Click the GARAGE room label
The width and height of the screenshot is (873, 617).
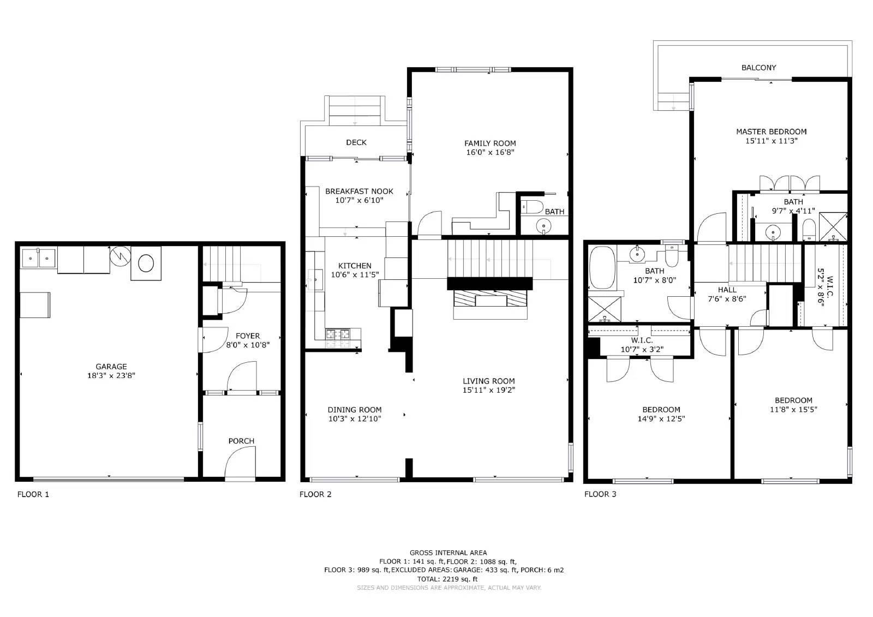[111, 367]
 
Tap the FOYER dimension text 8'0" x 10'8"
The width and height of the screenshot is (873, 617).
[248, 345]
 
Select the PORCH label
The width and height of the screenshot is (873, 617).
[241, 441]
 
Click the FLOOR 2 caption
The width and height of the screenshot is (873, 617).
[315, 494]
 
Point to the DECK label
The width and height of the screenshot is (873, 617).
[356, 142]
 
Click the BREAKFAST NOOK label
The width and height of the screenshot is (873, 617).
[359, 191]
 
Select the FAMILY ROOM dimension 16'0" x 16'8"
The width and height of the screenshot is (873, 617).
[490, 152]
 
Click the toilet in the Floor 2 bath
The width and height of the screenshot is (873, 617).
[531, 207]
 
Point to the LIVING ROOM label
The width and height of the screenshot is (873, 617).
[488, 381]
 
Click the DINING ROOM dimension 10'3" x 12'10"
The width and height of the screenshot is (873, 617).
[355, 419]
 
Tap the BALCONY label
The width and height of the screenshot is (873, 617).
[758, 68]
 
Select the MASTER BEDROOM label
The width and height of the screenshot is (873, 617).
[771, 131]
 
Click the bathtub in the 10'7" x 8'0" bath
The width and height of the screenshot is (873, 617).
[602, 268]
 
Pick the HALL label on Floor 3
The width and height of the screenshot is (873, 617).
[727, 290]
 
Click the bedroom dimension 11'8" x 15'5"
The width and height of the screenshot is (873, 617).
[793, 409]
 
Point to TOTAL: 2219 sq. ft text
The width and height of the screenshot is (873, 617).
[447, 579]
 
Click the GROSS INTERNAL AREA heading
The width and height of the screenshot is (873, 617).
[448, 553]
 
